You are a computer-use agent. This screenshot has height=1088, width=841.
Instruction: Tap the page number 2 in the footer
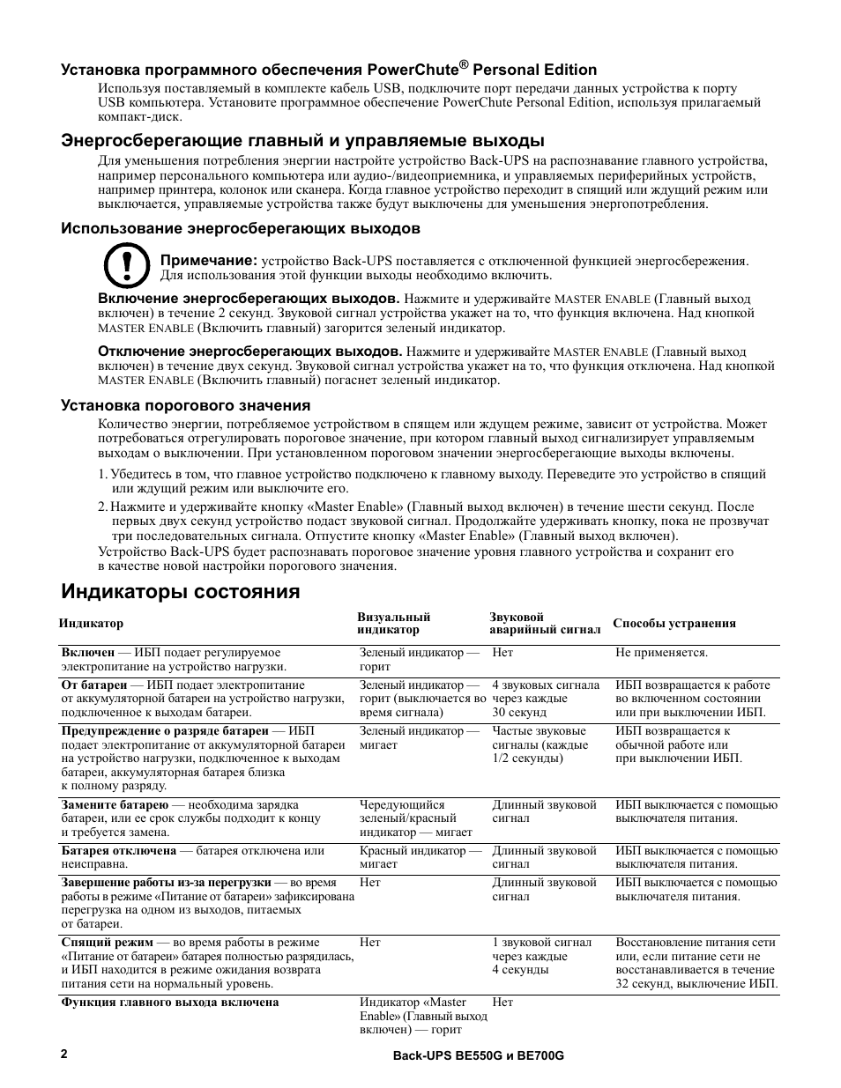63,1054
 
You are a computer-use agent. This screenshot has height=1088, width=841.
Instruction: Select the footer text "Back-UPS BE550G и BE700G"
477,1055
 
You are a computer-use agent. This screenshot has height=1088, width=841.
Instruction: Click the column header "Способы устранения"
674,623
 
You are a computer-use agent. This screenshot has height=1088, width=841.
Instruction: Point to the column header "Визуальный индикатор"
393,623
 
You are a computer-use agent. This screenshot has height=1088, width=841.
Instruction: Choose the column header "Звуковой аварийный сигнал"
545,623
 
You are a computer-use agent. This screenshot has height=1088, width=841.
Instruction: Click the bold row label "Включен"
88,653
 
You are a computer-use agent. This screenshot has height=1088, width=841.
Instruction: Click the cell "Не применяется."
661,653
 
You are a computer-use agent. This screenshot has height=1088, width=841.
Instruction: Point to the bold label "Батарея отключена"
119,850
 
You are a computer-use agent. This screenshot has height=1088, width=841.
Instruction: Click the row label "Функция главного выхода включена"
170,1002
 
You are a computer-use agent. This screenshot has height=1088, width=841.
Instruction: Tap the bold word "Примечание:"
208,261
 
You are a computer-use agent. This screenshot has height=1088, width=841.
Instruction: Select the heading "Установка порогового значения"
185,405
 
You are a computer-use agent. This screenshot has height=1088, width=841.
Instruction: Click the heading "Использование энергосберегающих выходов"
240,229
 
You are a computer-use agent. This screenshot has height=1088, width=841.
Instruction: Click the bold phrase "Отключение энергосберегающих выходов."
249,352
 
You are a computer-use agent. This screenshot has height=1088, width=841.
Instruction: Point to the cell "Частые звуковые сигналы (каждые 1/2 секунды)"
540,744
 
